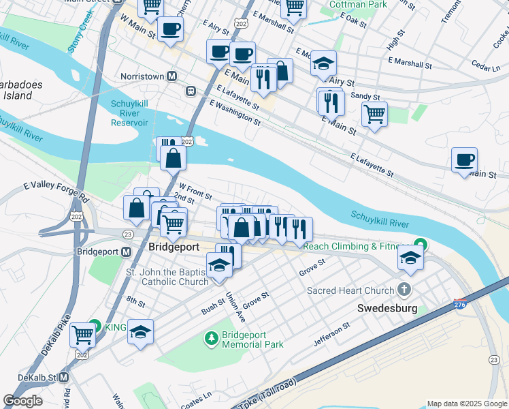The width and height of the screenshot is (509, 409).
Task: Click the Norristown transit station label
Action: pyautogui.click(x=143, y=76)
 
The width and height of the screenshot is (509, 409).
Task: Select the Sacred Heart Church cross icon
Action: pyautogui.click(x=406, y=289)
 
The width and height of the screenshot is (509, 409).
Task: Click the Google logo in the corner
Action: pyautogui.click(x=23, y=401)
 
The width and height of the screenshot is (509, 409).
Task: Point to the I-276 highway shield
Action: pyautogui.click(x=461, y=303)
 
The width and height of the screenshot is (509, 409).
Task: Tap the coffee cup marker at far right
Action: pyautogui.click(x=465, y=162)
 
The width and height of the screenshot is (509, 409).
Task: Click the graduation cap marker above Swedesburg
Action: pyautogui.click(x=410, y=258)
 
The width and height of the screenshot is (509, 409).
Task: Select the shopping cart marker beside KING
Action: pyautogui.click(x=83, y=334)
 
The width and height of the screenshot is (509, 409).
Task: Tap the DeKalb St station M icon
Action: pyautogui.click(x=63, y=377)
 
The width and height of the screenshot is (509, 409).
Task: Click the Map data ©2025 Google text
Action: pyautogui.click(x=466, y=404)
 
